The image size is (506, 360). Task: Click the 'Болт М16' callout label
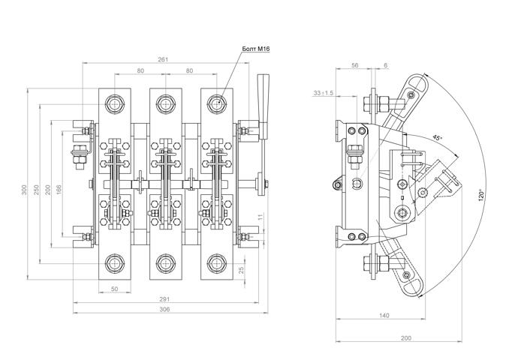pos(255,49)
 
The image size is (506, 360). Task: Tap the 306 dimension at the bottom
pos(164,310)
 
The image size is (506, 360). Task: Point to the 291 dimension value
pos(164,299)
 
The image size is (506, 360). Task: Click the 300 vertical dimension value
pos(23,190)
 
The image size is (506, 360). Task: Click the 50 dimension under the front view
pos(116,288)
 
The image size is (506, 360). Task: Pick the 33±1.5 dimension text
pos(324,93)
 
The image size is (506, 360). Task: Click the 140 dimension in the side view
pos(384,316)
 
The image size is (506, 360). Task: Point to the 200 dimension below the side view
pos(406,338)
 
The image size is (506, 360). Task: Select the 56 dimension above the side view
pos(355,66)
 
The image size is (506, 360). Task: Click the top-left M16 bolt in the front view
pos(115,103)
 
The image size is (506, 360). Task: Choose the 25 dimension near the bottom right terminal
pos(241,271)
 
